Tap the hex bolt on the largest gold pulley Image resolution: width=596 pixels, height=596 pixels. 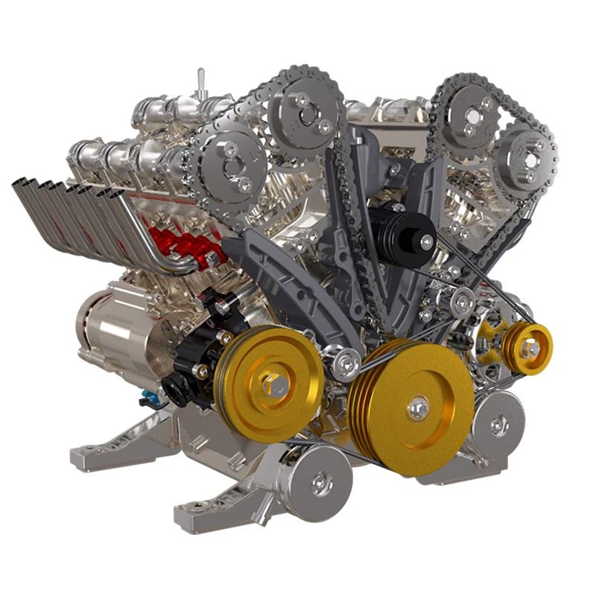[418, 406]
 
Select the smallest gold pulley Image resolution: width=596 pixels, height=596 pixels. [527, 347]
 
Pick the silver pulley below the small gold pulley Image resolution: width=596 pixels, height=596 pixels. [497, 425]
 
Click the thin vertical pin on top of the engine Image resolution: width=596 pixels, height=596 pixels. [200, 82]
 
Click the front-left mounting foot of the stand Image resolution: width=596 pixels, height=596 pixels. [201, 511]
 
